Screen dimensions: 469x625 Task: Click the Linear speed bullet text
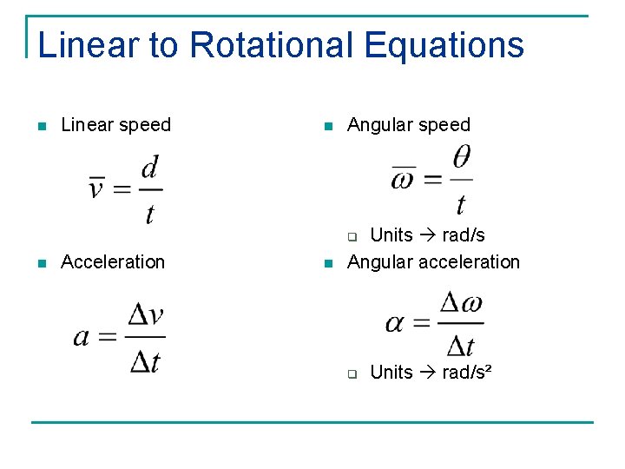[x=115, y=125]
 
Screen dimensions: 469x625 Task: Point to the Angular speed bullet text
[x=408, y=125]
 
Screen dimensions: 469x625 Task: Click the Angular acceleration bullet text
[x=433, y=262]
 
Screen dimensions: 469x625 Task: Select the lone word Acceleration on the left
[x=113, y=262]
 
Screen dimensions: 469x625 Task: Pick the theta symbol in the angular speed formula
[x=461, y=158]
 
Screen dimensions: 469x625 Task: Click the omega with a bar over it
[x=403, y=181]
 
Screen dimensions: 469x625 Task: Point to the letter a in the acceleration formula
[x=82, y=336]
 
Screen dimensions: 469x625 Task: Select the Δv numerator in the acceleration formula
[x=145, y=315]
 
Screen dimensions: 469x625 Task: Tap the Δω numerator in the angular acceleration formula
[x=460, y=304]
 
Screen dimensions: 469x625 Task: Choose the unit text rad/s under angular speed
[x=464, y=235]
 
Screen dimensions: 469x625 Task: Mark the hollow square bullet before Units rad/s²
[x=352, y=374]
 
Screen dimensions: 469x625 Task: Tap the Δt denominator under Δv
[x=145, y=360]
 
